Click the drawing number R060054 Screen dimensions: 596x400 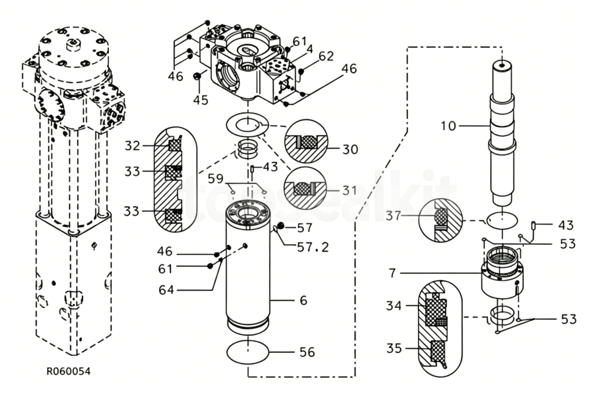click(x=69, y=371)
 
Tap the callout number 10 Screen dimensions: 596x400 click(x=449, y=126)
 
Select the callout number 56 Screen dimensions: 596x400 click(x=307, y=352)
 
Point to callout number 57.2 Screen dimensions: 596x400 click(x=313, y=247)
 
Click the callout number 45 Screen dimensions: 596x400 click(x=201, y=100)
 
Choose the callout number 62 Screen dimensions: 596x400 click(x=326, y=56)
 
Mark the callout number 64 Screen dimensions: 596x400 click(x=166, y=290)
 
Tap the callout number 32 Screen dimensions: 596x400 click(x=133, y=146)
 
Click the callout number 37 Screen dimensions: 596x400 click(x=393, y=215)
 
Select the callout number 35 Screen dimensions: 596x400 click(x=394, y=348)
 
